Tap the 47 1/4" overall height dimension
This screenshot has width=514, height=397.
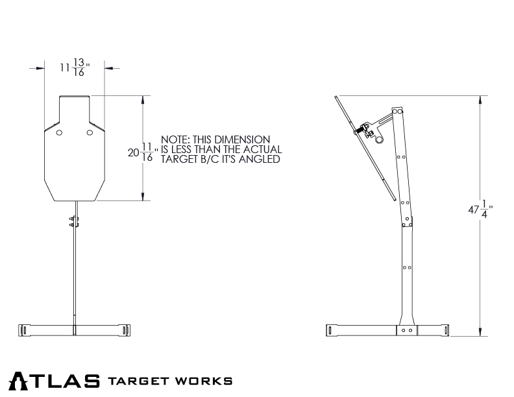point(480,210)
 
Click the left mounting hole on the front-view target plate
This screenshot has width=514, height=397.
point(59,133)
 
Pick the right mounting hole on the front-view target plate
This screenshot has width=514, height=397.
point(90,133)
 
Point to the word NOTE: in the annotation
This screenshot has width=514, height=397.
point(174,139)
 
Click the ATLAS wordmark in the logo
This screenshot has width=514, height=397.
point(55,379)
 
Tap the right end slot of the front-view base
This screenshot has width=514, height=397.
point(123,330)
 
